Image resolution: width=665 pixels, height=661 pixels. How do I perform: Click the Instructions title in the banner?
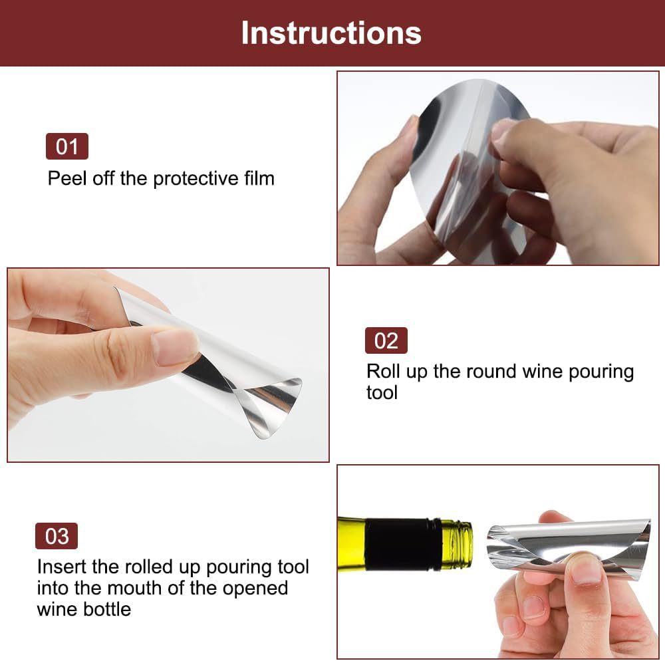click(331, 33)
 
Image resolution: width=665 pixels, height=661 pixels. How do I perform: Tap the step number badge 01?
click(66, 146)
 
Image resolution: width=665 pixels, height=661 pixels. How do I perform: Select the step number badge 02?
click(386, 340)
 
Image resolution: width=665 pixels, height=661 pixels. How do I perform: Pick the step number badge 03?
click(57, 536)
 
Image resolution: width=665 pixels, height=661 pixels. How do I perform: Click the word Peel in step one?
click(65, 178)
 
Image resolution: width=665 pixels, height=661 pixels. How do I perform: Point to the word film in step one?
click(257, 178)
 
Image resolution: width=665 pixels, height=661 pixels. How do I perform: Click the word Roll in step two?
click(384, 371)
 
